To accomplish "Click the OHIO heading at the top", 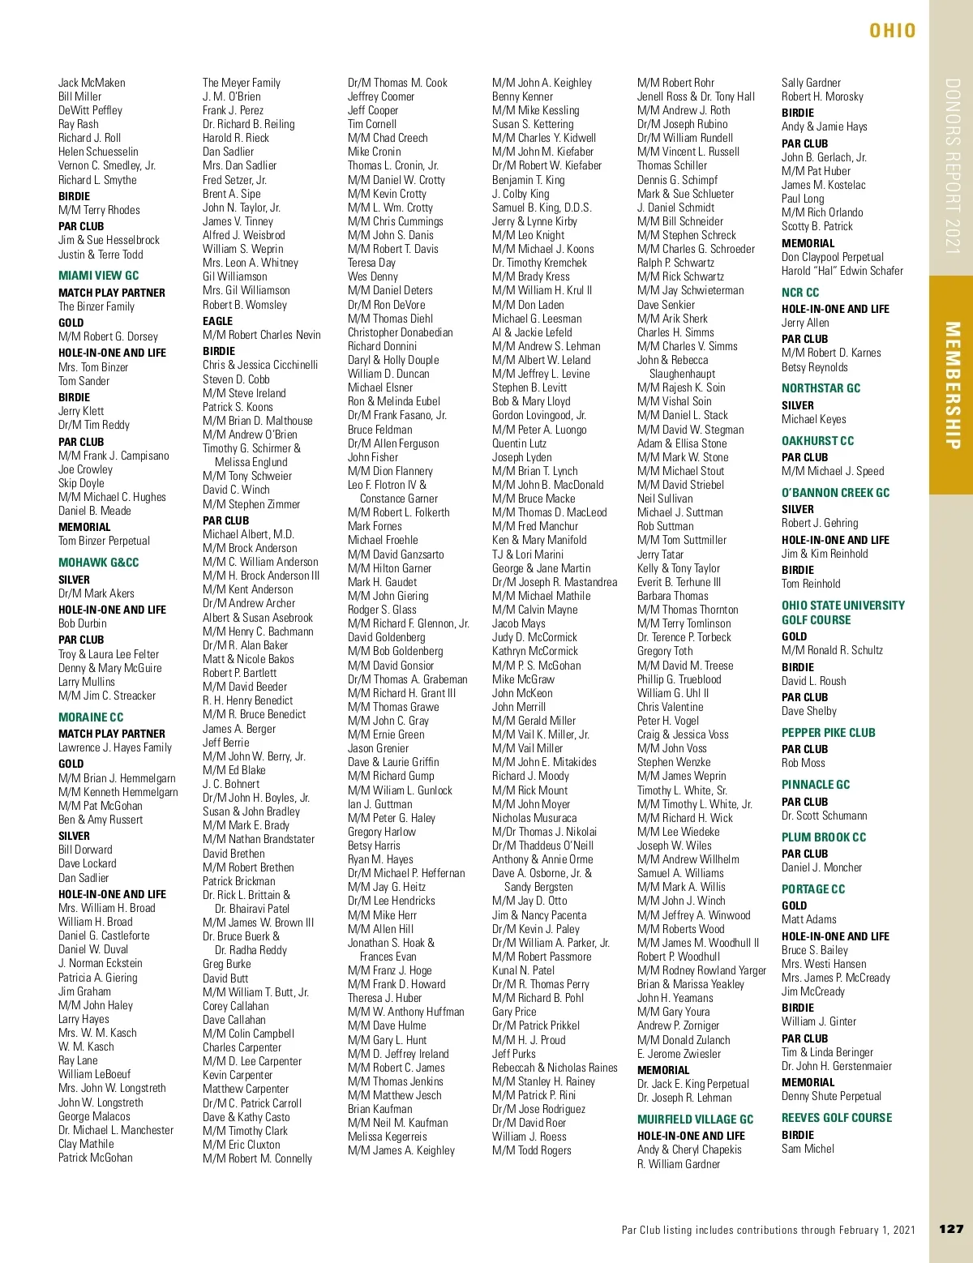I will [x=892, y=31].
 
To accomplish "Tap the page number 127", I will [x=950, y=1229].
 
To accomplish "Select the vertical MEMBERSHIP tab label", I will [x=952, y=385].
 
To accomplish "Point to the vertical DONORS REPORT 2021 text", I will [x=952, y=166].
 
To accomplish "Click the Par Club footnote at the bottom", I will [x=768, y=1230].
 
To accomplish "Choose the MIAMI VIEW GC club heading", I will [x=98, y=276].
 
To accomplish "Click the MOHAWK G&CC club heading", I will [x=98, y=563].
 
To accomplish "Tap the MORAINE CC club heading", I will [x=91, y=717].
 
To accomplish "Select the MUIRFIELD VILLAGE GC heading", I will [x=695, y=1120].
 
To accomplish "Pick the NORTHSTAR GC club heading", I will [x=821, y=388].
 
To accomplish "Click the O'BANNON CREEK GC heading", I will [x=835, y=493].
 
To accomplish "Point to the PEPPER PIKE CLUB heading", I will [x=828, y=733].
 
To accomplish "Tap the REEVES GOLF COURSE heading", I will [x=836, y=1118].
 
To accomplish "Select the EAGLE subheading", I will [x=217, y=321].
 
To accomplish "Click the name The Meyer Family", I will [x=241, y=83].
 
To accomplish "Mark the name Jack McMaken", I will [x=92, y=83].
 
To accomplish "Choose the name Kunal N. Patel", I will [x=523, y=970].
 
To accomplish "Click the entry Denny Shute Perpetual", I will [x=831, y=1096].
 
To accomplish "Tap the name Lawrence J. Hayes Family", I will [x=115, y=747].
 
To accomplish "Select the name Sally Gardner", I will [x=811, y=83].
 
